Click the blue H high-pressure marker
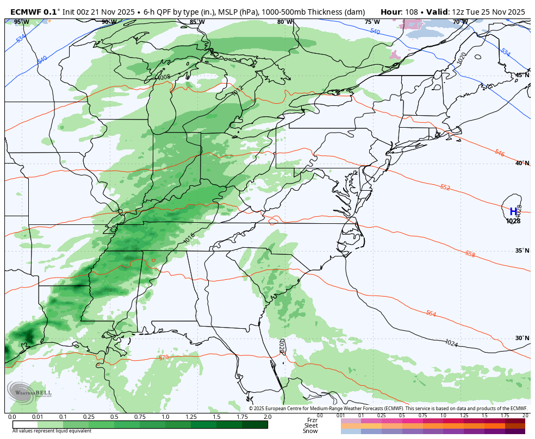click(x=513, y=212)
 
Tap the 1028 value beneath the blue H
click(x=513, y=221)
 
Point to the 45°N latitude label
click(x=522, y=75)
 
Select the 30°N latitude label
click(x=522, y=338)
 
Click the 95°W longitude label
click(x=21, y=22)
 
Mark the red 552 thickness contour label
click(x=445, y=187)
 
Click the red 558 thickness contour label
click(x=470, y=254)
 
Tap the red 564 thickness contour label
click(x=431, y=313)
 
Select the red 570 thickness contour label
click(x=164, y=357)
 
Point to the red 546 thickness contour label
click(x=500, y=153)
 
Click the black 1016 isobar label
click(x=189, y=237)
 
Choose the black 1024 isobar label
click(x=451, y=343)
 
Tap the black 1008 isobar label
click(x=164, y=77)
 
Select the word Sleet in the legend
click(x=310, y=425)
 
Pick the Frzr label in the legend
click(x=312, y=420)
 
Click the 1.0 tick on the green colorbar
click(x=165, y=417)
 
